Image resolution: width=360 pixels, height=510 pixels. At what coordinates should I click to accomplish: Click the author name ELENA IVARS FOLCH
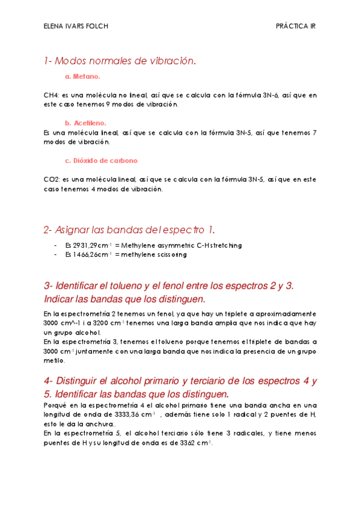click(x=76, y=26)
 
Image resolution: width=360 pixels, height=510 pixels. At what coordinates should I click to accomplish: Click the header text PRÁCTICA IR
click(x=296, y=26)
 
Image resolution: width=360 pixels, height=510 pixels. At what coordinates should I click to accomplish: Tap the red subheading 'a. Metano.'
click(x=82, y=77)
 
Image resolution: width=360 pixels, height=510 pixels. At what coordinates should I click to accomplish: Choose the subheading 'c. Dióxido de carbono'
click(x=101, y=161)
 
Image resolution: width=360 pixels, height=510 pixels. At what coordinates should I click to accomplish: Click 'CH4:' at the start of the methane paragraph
click(x=52, y=95)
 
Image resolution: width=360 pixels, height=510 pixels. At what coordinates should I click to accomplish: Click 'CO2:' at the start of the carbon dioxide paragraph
click(x=52, y=179)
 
